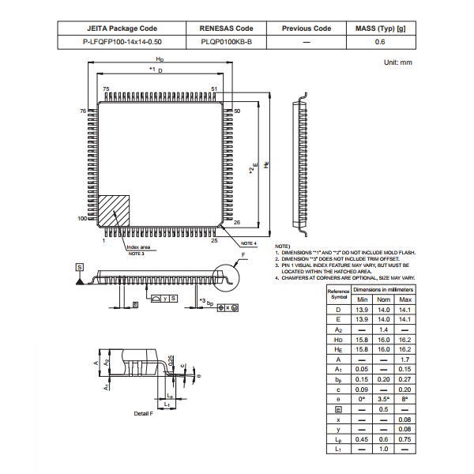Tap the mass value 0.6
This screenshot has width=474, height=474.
(379, 42)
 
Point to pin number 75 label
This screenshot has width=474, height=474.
(106, 89)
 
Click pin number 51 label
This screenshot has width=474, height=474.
(214, 89)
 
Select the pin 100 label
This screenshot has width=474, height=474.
(81, 218)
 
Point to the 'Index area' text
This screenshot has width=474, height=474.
(139, 247)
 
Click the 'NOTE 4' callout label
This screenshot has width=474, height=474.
(249, 243)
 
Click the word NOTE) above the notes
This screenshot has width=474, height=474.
(282, 246)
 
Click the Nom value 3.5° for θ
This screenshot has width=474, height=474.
(384, 400)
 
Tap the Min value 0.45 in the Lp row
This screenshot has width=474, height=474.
(363, 438)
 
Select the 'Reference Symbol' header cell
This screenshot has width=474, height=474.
(339, 295)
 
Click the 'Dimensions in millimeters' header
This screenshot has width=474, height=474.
(383, 290)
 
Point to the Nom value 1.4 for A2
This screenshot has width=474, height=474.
(384, 328)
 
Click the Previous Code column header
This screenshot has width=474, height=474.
(306, 28)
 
